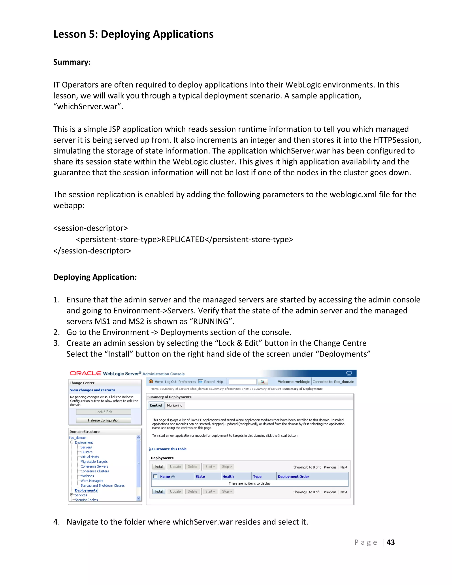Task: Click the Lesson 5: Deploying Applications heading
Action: pos(133,34)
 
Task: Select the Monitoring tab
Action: pos(175,405)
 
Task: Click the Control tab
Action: pos(156,405)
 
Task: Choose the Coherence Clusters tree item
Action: pos(94,471)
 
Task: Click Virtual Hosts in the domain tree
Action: pos(89,457)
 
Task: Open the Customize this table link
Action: pos(169,449)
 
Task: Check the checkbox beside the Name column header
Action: pos(155,476)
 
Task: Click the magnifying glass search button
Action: pos(262,382)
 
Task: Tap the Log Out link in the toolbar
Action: pos(171,382)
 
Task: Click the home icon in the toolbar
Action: pos(151,381)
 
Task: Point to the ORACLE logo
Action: pos(85,373)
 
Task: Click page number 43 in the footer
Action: pos(390,542)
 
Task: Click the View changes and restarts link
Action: pos(92,390)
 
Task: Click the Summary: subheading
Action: pos(72,62)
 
